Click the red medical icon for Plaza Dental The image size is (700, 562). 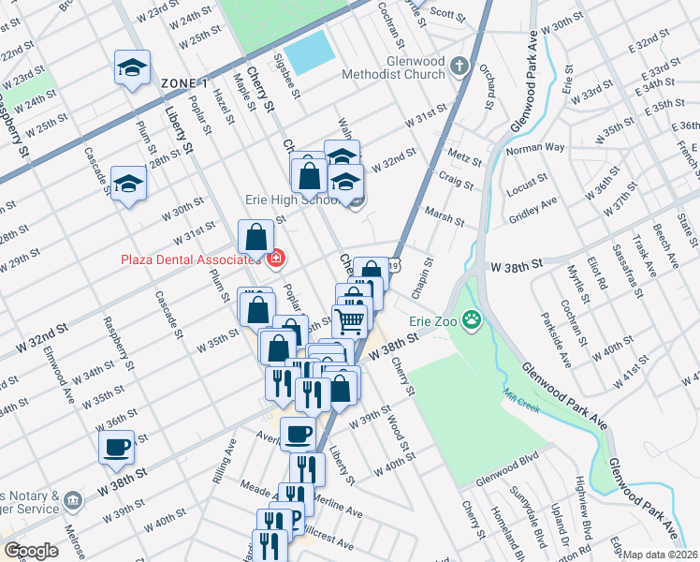point(275,259)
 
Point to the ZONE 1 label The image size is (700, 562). point(184,83)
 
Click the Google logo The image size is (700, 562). point(31,551)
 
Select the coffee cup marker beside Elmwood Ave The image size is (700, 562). point(117,447)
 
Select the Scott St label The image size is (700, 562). point(447,14)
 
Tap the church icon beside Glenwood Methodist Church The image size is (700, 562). point(459,67)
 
